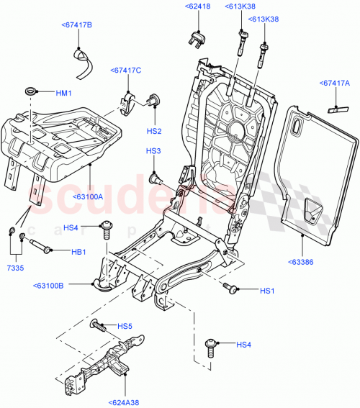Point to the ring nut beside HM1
(x=31, y=91)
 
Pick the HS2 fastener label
(x=153, y=131)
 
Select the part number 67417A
(x=336, y=84)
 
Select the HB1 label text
(x=78, y=252)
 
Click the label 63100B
(x=48, y=286)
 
